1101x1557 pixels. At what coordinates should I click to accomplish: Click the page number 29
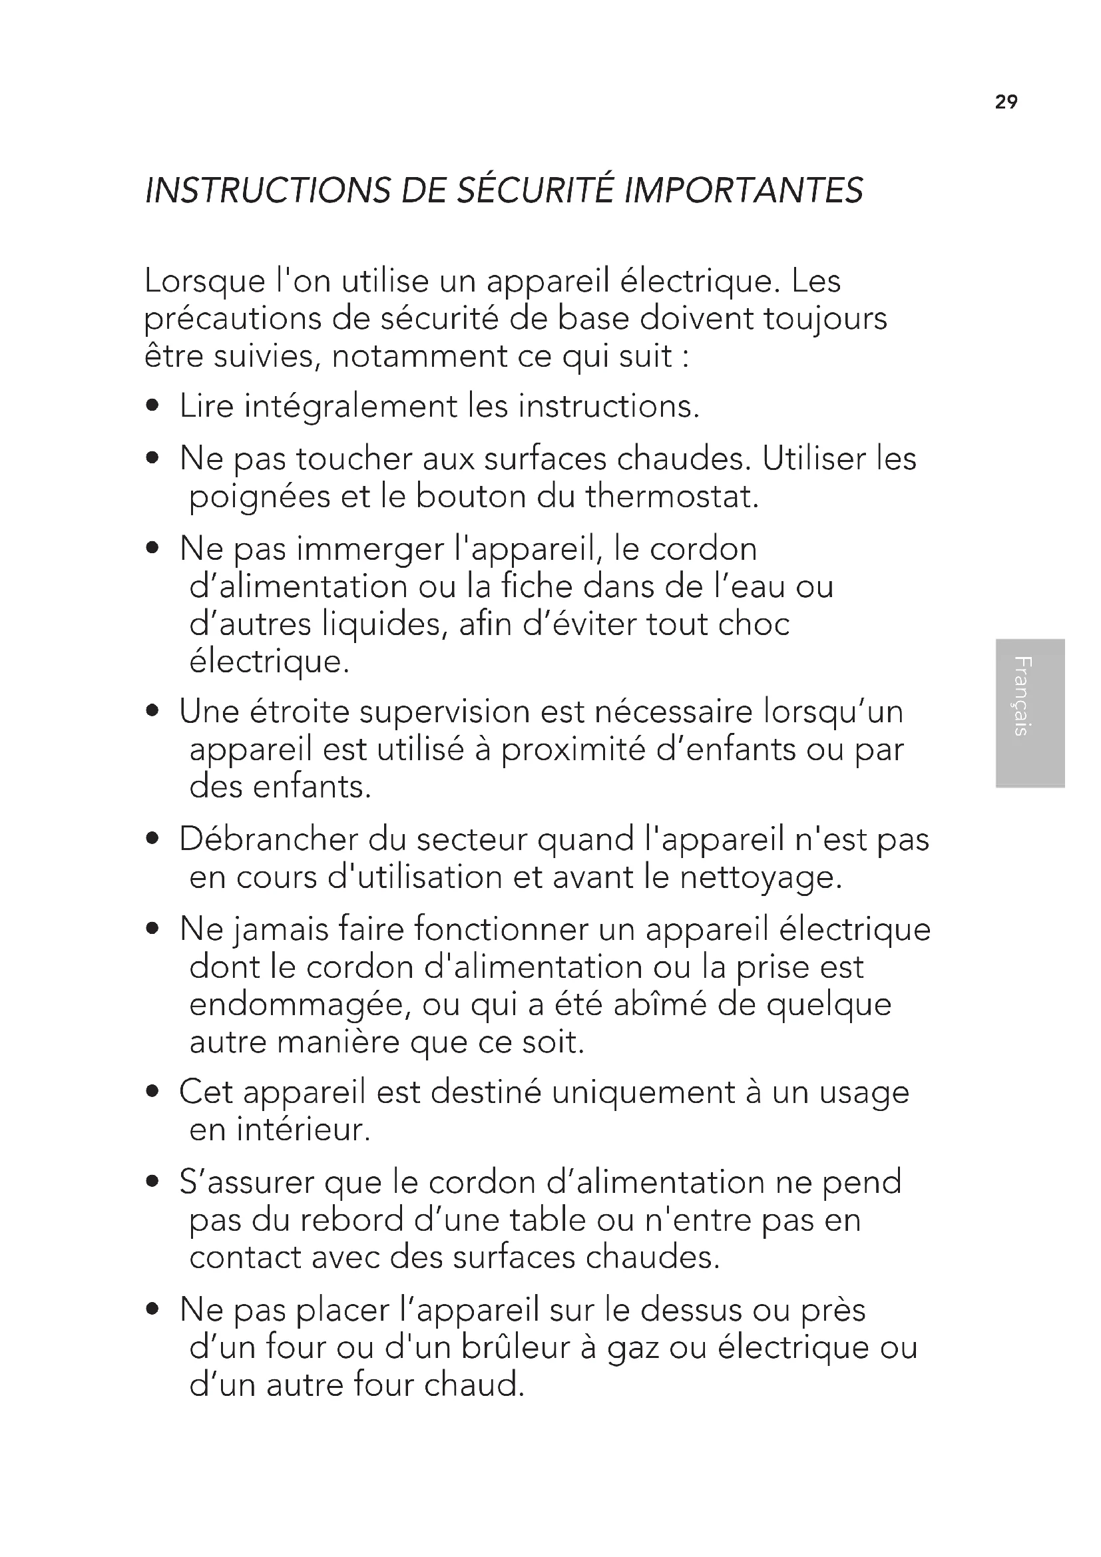[x=1006, y=102]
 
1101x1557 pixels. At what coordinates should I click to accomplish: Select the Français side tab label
[x=1023, y=696]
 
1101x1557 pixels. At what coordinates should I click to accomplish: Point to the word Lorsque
[x=205, y=282]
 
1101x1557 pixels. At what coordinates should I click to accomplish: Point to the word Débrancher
[x=268, y=839]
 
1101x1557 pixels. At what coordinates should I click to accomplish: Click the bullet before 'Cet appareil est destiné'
[x=153, y=1092]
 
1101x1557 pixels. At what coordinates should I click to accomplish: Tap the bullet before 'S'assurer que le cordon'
[x=153, y=1183]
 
